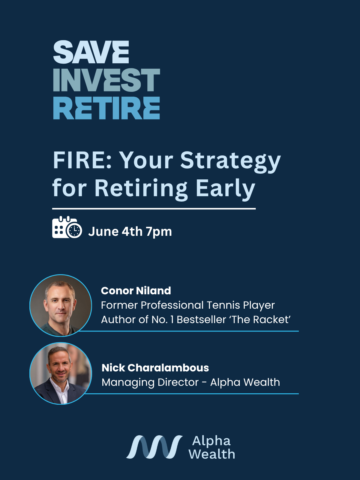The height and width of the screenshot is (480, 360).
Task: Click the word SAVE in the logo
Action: coord(91,52)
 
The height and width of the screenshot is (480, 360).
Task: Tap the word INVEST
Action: coord(107,80)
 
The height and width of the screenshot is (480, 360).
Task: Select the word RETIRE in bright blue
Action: coord(107,108)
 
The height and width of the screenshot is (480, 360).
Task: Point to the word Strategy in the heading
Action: coord(230,162)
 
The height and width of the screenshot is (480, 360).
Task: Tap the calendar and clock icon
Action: coord(67,227)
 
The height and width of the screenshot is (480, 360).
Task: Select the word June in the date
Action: coord(104,231)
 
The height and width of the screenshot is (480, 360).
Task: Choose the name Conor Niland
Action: coord(136,291)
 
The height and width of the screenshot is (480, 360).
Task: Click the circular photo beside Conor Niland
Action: coord(61,305)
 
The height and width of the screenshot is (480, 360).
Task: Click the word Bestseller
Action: coord(201,319)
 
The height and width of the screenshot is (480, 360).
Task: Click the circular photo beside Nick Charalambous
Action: coord(61,373)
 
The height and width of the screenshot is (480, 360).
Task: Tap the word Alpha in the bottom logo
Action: coord(211,441)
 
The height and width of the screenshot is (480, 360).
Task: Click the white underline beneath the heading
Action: coord(154,209)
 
